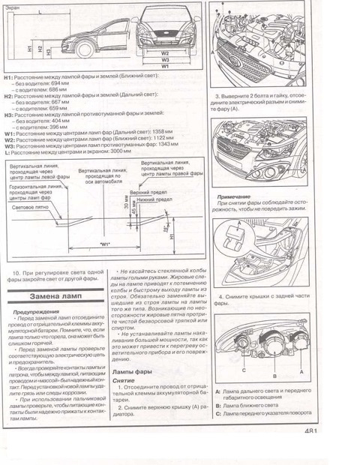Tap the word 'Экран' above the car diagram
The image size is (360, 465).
pos(16,6)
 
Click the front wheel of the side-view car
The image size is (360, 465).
pos(84,51)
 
